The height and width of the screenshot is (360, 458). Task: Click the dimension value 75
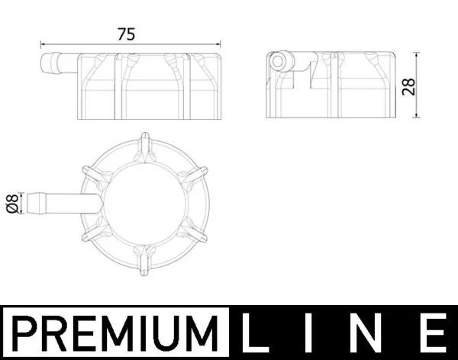pyautogui.click(x=126, y=34)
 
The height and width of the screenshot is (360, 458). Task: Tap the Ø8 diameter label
pyautogui.click(x=11, y=203)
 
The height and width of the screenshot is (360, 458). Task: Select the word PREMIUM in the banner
pyautogui.click(x=114, y=333)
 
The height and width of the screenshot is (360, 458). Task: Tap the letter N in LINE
pyautogui.click(x=374, y=333)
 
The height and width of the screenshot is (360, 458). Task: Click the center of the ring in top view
pyautogui.click(x=145, y=200)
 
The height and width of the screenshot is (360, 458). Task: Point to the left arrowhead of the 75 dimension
pyautogui.click(x=43, y=44)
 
